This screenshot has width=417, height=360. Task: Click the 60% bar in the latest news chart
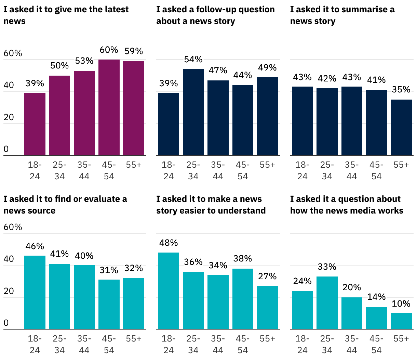[109, 107]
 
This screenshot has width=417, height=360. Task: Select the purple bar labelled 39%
[35, 124]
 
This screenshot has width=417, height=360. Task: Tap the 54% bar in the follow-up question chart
[193, 112]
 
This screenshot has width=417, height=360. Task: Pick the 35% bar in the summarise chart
[401, 127]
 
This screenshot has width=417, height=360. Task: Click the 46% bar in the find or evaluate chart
[35, 292]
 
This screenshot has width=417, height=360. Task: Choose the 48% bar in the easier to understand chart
[169, 291]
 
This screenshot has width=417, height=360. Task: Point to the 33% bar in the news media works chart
[327, 303]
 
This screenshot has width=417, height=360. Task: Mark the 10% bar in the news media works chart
[401, 321]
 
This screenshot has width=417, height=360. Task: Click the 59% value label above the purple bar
[134, 51]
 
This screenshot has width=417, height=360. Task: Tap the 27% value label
[267, 276]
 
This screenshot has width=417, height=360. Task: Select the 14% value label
[376, 297]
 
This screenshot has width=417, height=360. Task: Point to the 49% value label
[267, 67]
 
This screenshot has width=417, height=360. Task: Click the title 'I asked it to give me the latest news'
[66, 15]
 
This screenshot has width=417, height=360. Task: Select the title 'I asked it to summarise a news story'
[342, 15]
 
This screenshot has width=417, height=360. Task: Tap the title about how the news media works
[347, 205]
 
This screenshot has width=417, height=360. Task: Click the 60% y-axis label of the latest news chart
[13, 53]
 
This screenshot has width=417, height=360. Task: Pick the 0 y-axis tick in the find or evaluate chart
[6, 323]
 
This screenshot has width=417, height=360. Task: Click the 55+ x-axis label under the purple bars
[134, 165]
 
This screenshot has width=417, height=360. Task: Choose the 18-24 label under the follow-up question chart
[169, 170]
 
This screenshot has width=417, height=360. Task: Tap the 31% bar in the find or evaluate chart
[109, 304]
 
